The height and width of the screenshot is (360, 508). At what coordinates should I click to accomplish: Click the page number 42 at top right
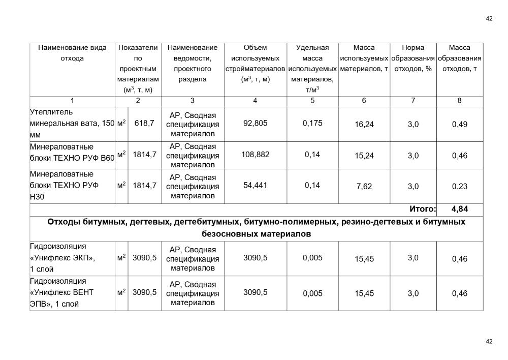(x=489, y=19)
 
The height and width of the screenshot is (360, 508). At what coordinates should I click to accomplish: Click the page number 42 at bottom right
(x=489, y=342)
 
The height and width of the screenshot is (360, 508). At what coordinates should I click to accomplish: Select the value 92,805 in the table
(x=255, y=124)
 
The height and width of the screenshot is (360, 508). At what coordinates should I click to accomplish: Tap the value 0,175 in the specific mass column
(x=312, y=124)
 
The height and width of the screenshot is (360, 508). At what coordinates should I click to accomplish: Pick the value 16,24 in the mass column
(x=364, y=125)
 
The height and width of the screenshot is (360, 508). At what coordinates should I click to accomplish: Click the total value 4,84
(x=459, y=209)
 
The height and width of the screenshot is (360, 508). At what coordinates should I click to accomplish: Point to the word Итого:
(x=423, y=209)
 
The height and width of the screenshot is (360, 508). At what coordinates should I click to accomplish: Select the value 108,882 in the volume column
(x=255, y=155)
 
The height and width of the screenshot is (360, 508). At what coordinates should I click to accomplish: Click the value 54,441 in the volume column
(x=255, y=186)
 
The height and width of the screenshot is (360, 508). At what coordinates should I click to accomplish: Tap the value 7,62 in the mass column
(x=364, y=187)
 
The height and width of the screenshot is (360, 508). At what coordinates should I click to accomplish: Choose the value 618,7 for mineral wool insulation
(x=144, y=124)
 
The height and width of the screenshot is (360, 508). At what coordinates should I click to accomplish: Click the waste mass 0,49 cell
(x=459, y=125)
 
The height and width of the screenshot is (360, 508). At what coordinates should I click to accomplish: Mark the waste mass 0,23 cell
(x=459, y=187)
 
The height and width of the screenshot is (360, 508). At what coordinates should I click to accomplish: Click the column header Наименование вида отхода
(x=72, y=53)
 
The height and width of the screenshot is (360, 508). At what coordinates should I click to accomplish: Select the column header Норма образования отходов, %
(x=412, y=58)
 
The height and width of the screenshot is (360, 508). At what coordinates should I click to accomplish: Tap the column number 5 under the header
(x=312, y=101)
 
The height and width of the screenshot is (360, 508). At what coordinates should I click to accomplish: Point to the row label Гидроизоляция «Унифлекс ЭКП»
(x=62, y=258)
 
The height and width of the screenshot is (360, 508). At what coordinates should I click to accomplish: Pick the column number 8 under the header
(x=459, y=101)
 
